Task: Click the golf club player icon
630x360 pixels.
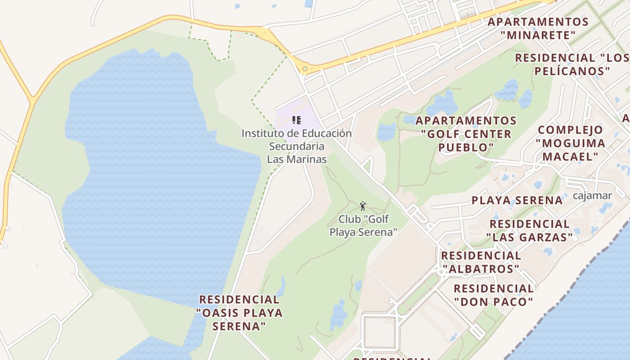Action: point(363,206)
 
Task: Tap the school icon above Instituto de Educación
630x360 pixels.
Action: point(296,120)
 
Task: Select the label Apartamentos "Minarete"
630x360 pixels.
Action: point(538,28)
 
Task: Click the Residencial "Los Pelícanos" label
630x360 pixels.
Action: point(571,64)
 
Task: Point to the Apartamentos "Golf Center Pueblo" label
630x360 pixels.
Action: point(466,134)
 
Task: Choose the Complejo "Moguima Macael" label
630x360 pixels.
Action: point(570,143)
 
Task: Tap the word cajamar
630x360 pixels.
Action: point(592,196)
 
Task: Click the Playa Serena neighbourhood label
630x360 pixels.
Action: point(517,200)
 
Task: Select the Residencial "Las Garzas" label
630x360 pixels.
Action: point(529,230)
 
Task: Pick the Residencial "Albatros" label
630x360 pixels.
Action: point(481,262)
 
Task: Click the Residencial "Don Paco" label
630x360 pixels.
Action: point(494,295)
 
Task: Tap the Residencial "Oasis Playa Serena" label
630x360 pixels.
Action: point(239,312)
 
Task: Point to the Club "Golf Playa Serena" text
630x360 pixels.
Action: point(364,225)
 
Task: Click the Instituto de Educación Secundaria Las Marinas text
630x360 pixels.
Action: point(297,146)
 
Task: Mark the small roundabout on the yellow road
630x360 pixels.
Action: point(305,69)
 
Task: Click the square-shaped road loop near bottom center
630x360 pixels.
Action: point(379,333)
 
